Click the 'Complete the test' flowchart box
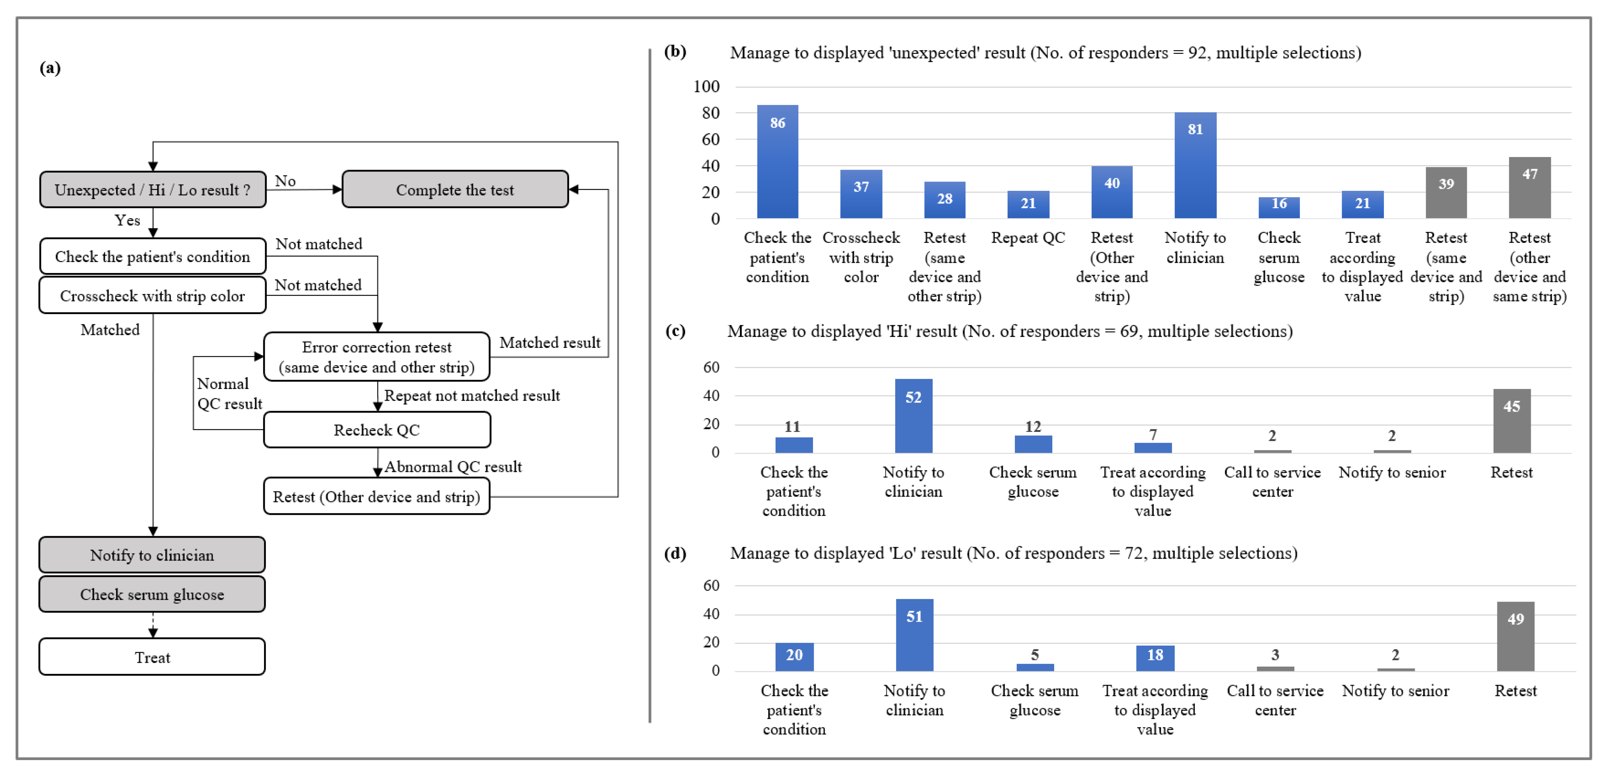pos(455,189)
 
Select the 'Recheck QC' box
pos(377,430)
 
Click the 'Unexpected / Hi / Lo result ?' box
pos(153,189)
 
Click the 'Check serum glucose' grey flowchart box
pos(152,594)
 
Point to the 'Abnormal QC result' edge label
pos(453,467)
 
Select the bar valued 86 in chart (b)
pos(777,162)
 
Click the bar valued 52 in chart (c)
pos(913,416)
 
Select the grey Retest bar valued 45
pos(1512,421)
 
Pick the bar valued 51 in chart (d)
pos(914,635)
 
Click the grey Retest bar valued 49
pos(1515,637)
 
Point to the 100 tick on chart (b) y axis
pos(707,87)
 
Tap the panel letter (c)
pos(675,331)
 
